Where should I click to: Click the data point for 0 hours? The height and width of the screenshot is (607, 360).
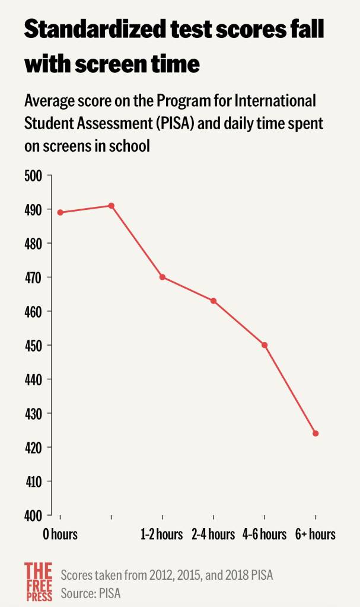(60, 212)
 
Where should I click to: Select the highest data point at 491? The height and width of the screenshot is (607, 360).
(111, 206)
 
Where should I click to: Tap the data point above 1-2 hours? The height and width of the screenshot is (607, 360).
(162, 277)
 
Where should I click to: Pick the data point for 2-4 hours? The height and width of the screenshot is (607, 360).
(213, 301)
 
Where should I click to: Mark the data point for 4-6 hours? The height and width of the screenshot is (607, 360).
(265, 345)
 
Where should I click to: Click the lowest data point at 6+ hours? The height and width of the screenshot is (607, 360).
(316, 433)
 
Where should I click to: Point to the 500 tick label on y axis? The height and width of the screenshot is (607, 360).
(33, 176)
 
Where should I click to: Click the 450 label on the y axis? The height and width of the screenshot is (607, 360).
(33, 346)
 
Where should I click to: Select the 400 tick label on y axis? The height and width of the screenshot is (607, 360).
(33, 515)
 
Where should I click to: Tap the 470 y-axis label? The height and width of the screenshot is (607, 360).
(33, 277)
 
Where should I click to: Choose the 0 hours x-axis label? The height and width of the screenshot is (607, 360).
(60, 535)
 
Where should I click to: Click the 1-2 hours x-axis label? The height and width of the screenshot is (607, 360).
(162, 535)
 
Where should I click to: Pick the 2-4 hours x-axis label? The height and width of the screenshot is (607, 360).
(213, 535)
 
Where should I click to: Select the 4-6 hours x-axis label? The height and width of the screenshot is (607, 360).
(265, 535)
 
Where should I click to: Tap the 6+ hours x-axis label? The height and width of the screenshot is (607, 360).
(316, 535)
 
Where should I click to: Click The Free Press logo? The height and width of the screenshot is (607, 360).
(39, 581)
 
